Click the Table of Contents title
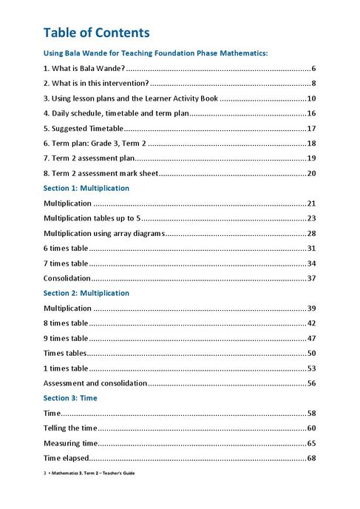click(96, 33)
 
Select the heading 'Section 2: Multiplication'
click(86, 293)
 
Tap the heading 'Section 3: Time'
click(70, 398)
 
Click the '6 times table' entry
click(66, 248)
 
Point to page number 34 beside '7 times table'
click(311, 263)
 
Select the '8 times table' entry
click(66, 323)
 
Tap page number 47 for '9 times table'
click(311, 338)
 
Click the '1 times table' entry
click(66, 368)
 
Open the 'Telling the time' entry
click(69, 428)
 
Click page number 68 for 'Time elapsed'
click(311, 459)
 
